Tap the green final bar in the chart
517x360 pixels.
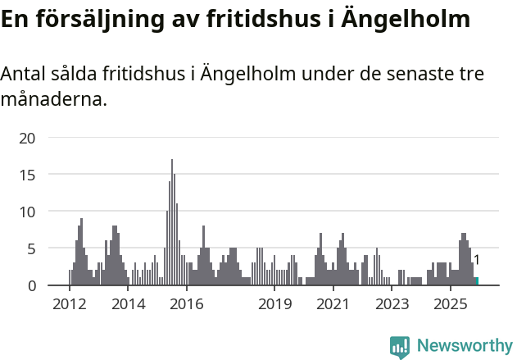click(x=476, y=281)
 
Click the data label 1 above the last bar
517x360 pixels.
click(x=476, y=260)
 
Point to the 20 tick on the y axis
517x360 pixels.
click(x=27, y=138)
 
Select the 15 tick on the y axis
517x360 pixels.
click(x=27, y=175)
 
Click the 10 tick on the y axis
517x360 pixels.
click(x=27, y=212)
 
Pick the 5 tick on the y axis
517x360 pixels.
click(x=31, y=248)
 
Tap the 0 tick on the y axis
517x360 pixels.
click(x=31, y=285)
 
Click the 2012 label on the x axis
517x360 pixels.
click(x=69, y=304)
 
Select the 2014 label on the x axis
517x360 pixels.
click(x=128, y=304)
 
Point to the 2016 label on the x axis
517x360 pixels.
click(x=187, y=304)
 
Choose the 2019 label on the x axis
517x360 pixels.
click(x=274, y=304)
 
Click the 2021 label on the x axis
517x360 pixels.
click(x=333, y=304)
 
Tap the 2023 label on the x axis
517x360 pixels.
click(x=392, y=304)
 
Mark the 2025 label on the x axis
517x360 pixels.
click(x=450, y=304)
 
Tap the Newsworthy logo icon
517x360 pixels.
click(x=400, y=347)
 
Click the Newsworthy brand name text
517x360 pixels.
click(x=465, y=346)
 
